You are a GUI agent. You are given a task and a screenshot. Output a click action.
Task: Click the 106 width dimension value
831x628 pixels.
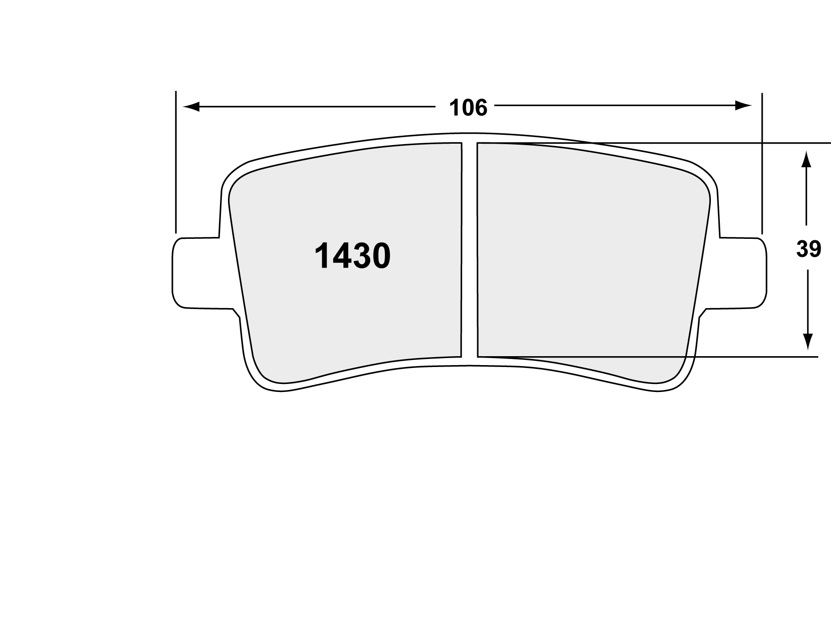click(x=468, y=108)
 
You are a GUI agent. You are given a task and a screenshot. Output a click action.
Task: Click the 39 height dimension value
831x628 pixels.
click(x=808, y=249)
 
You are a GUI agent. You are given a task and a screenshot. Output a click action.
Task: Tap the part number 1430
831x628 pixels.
click(x=352, y=257)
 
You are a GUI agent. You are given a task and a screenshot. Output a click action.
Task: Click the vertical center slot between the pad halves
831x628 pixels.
click(x=469, y=250)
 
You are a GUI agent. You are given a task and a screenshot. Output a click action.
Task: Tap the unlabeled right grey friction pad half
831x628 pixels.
click(x=589, y=254)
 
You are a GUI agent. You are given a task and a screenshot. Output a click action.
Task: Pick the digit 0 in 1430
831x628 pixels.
click(x=381, y=257)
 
